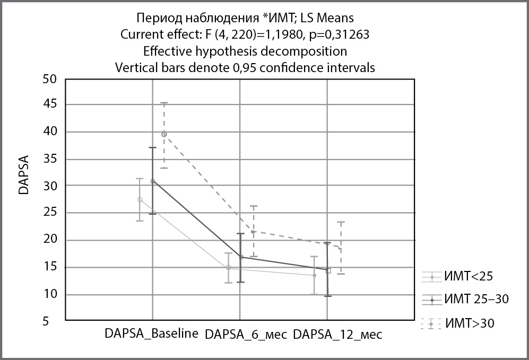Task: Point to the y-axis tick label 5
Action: pos(52,321)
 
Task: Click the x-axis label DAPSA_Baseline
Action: pos(152,334)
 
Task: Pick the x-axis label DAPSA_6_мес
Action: pos(246,335)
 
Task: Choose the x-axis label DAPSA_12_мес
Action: pos(337,335)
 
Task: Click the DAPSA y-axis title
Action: pos(24,175)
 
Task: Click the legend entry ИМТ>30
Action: pos(471,322)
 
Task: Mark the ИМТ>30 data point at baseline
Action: pos(164,134)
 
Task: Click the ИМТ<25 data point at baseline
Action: pos(140,199)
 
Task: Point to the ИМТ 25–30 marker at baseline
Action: pos(152,181)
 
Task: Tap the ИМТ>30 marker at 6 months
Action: pos(253,232)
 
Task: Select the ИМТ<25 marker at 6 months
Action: pos(228,268)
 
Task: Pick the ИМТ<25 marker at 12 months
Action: pos(315,275)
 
